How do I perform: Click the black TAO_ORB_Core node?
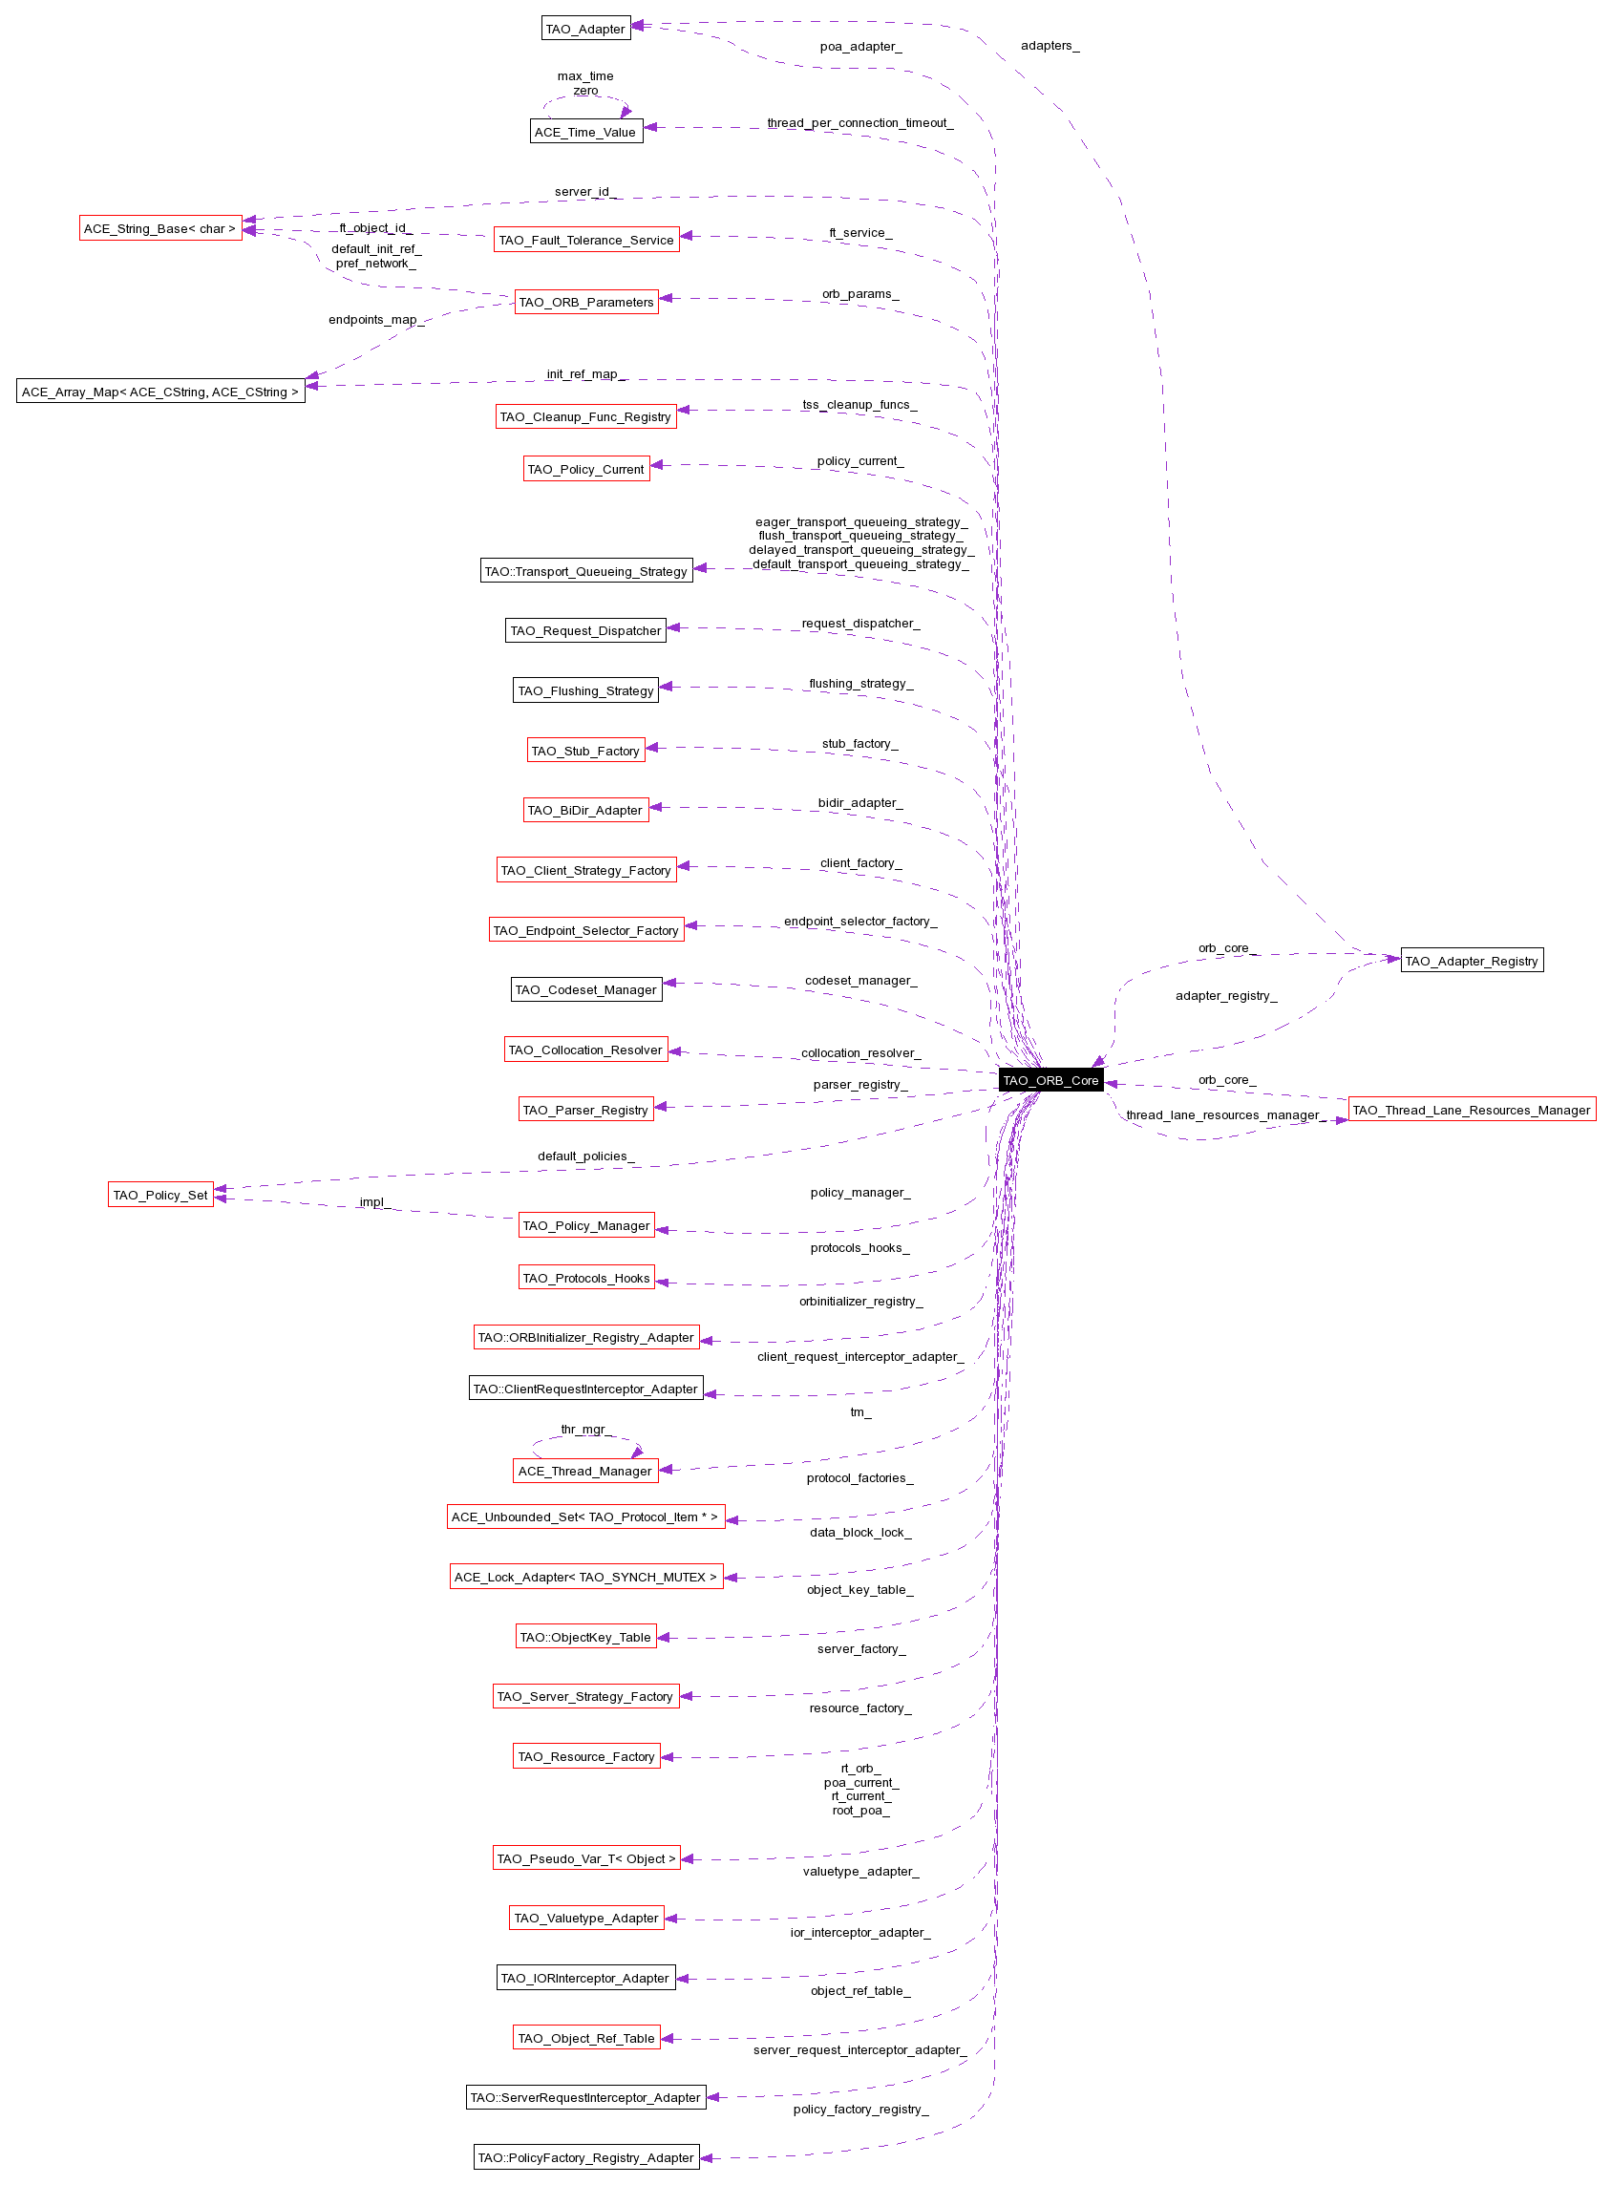coord(1050,1080)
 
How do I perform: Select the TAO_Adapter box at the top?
coord(585,29)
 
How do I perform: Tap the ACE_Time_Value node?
coord(586,132)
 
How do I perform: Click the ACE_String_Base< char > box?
coord(161,228)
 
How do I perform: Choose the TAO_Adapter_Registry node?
coord(1472,961)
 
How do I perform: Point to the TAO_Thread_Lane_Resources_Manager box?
coord(1472,1110)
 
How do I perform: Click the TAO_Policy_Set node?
coord(161,1195)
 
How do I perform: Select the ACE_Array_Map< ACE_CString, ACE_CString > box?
coord(161,392)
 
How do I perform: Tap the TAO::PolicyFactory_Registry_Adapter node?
coord(586,2156)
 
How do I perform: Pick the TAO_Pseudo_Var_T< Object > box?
coord(586,1858)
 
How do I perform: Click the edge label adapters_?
coord(1050,46)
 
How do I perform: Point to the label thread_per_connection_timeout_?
coord(859,123)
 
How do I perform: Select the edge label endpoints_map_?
coord(375,320)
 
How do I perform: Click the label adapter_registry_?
coord(1225,995)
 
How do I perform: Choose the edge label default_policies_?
coord(585,1156)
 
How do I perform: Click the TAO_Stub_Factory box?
coord(586,751)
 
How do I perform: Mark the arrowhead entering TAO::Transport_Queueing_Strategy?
coord(700,568)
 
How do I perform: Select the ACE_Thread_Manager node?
coord(585,1471)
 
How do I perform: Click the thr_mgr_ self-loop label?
coord(584,1430)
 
